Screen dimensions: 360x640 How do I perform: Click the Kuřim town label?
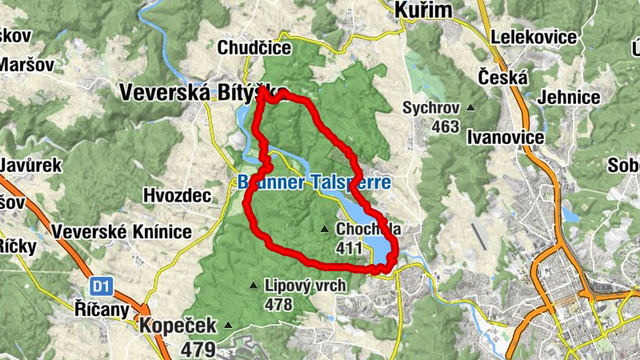pos(423,10)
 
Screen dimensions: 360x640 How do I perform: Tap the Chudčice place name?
pos(254,48)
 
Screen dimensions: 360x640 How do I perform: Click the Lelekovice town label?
pos(534,37)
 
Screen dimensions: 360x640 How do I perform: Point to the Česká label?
pos(502,78)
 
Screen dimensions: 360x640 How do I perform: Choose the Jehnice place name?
pos(570,98)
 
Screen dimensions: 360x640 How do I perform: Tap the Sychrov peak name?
pos(431,107)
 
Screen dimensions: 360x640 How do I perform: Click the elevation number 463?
pos(445,126)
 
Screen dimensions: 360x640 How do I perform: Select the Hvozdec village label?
pos(176,195)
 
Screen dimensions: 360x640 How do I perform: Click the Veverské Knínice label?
pos(122,232)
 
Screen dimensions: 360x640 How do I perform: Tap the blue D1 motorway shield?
pos(98,286)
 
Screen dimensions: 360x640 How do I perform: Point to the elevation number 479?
pos(198,349)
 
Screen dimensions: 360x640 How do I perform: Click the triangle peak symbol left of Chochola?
pos(324,230)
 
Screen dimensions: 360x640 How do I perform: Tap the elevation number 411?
pos(350,249)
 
